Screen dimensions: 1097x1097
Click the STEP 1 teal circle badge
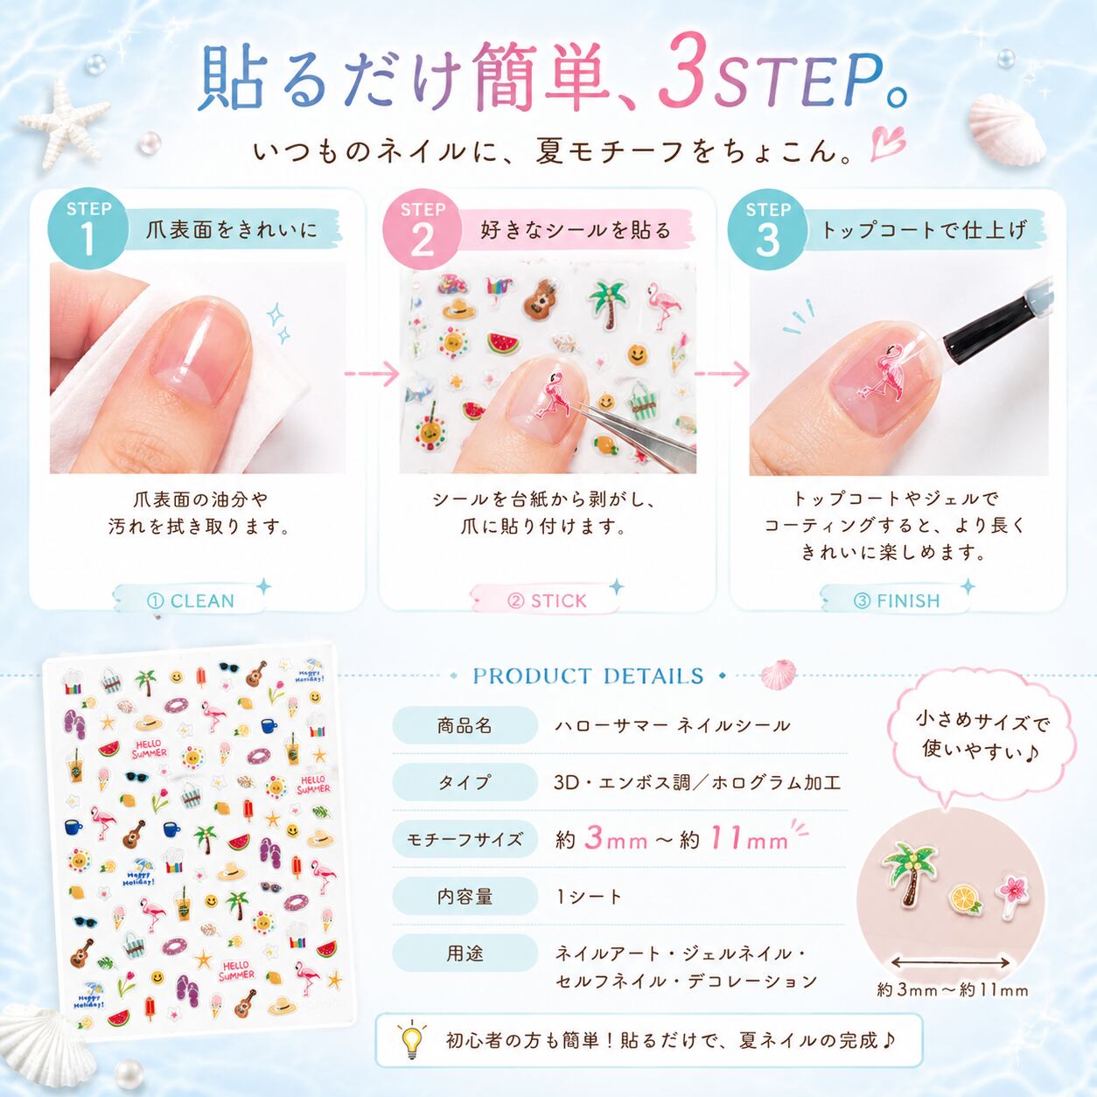pyautogui.click(x=87, y=228)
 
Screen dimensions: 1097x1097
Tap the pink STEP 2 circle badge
pyautogui.click(x=422, y=228)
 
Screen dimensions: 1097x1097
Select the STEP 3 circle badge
pyautogui.click(x=768, y=228)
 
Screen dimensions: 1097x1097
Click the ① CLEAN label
pyautogui.click(x=192, y=601)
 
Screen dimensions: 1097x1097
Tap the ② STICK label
pyautogui.click(x=547, y=601)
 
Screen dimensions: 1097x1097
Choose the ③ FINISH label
pyautogui.click(x=897, y=601)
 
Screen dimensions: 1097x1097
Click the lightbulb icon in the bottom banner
pyautogui.click(x=412, y=1039)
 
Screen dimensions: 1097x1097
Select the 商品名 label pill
pyautogui.click(x=465, y=725)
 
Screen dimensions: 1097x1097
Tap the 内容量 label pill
pyautogui.click(x=465, y=896)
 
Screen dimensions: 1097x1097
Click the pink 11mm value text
pyautogui.click(x=749, y=839)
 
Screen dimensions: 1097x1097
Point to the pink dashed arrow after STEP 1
pyautogui.click(x=372, y=374)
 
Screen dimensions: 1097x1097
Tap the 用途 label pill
pyautogui.click(x=465, y=953)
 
